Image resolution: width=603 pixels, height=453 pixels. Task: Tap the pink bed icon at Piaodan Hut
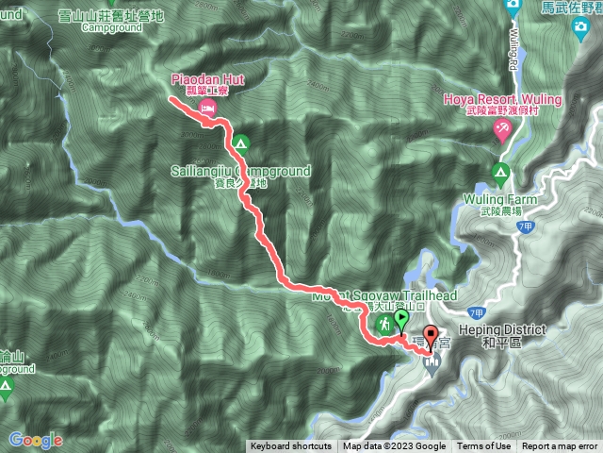[207, 109]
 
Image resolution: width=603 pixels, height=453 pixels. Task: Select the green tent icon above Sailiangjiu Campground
[240, 144]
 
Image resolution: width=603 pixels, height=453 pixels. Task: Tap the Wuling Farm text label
[499, 200]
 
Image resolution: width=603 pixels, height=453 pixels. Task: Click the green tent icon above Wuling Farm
[499, 173]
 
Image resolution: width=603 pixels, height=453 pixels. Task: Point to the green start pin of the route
[402, 320]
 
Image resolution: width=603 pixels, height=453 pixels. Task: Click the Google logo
[35, 440]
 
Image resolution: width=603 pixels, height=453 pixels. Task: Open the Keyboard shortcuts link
[290, 446]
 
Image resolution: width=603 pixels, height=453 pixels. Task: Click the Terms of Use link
[484, 446]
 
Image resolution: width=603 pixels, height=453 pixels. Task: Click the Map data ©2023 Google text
[394, 446]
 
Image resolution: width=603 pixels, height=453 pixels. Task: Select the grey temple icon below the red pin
[432, 363]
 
